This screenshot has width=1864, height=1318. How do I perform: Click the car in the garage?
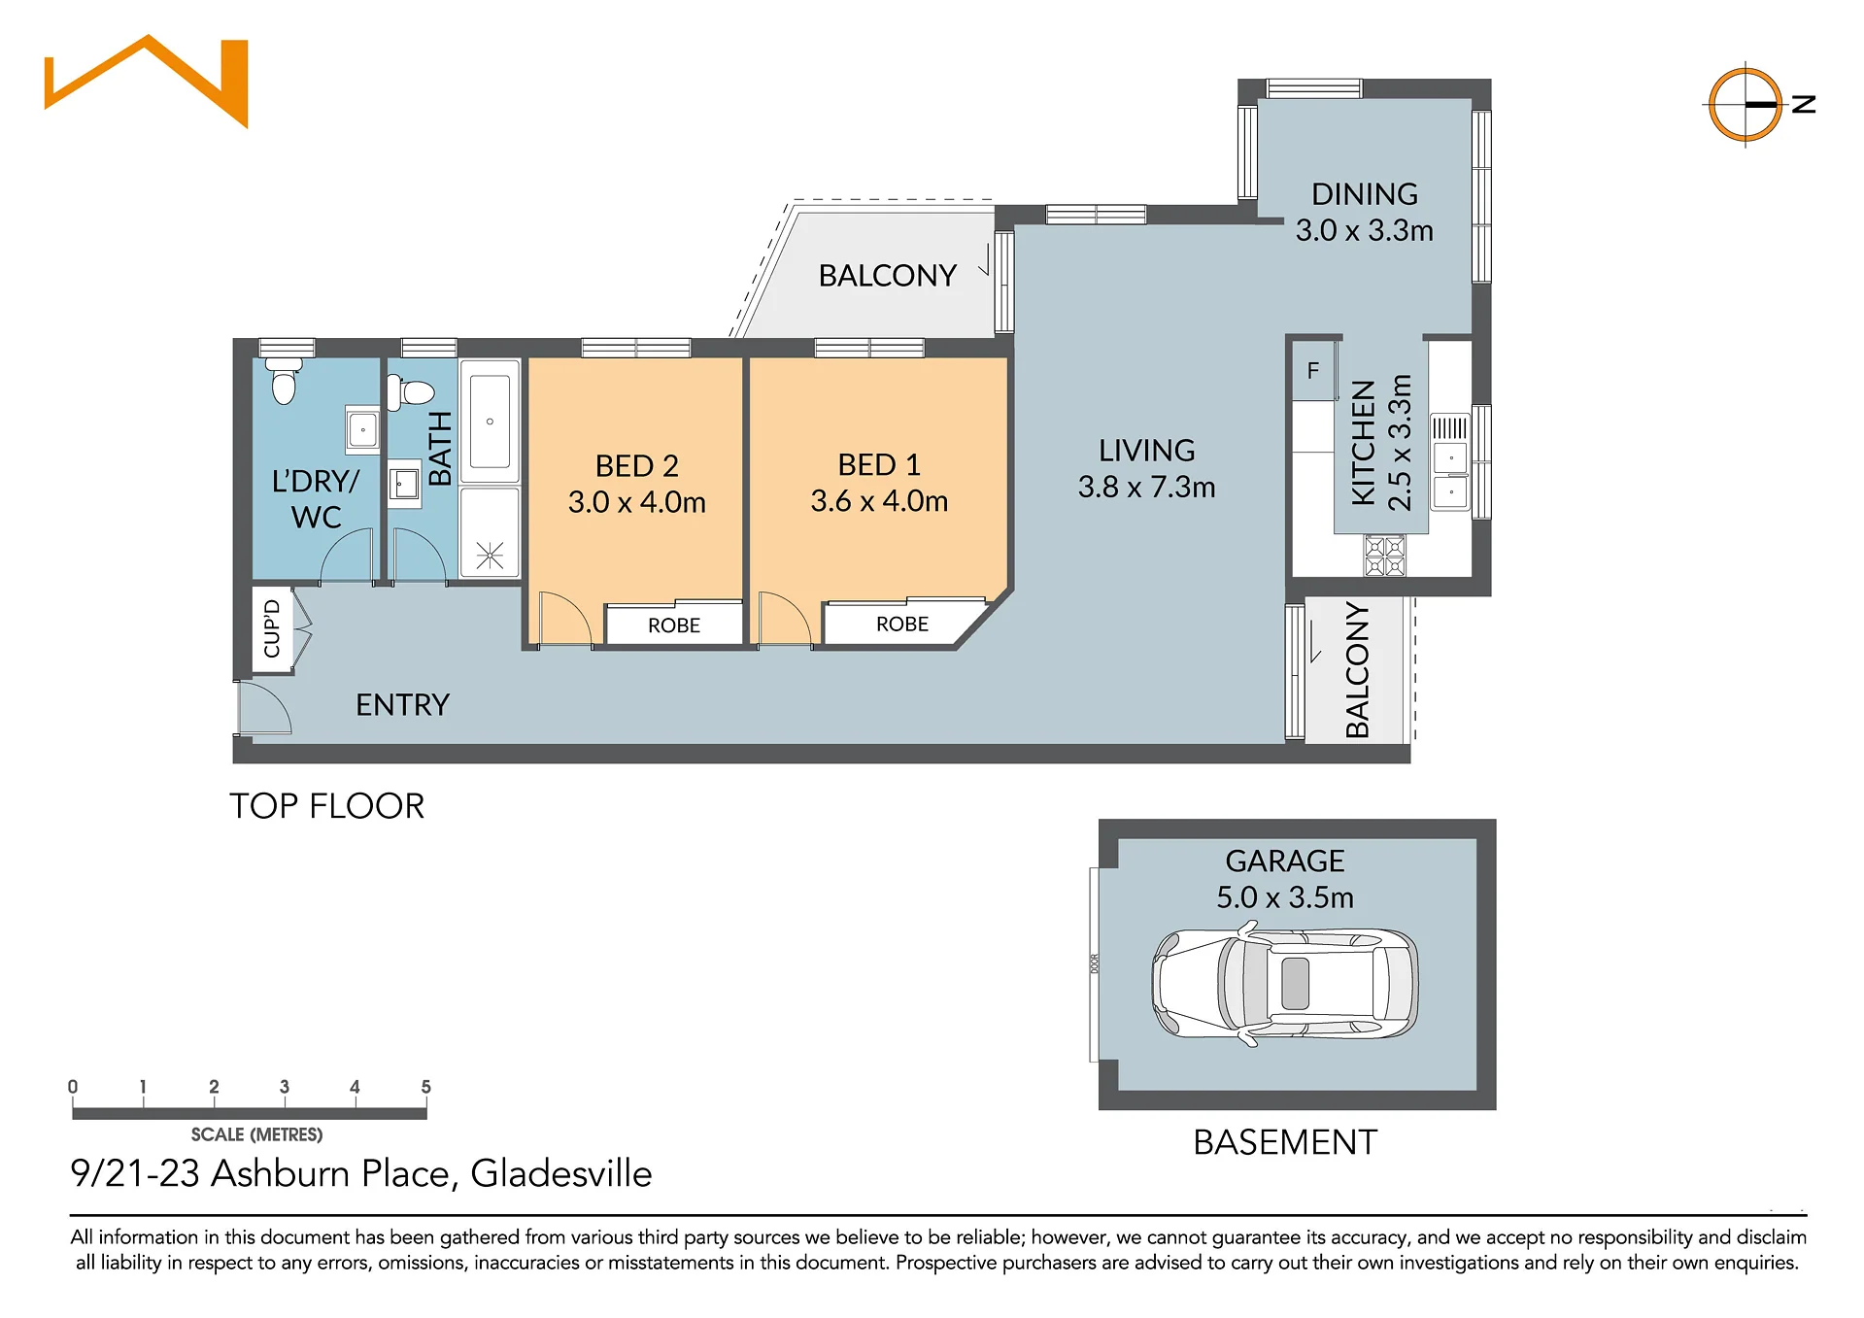point(1285,985)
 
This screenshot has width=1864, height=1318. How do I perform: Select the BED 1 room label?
point(879,465)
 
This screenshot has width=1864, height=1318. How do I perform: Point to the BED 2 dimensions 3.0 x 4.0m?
point(637,502)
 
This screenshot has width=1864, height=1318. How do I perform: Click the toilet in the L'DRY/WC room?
point(284,380)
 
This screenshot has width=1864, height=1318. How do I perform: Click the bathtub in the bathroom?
point(490,422)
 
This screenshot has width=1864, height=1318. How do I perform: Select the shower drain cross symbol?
point(490,556)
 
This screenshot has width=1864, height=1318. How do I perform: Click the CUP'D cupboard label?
point(272,628)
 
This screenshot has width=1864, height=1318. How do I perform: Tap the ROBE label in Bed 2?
point(674,625)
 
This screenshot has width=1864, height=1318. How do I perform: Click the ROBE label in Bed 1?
point(902,625)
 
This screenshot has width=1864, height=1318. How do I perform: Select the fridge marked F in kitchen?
point(1313,370)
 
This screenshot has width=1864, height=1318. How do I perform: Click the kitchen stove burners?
point(1385,556)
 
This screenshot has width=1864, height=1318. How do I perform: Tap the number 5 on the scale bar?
point(425,1087)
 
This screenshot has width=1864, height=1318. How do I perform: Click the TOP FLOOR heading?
point(327,806)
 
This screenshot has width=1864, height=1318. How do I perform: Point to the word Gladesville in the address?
point(561,1173)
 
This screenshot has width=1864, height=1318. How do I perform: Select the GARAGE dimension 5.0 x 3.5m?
point(1285,897)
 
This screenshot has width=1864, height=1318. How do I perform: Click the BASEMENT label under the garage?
point(1285,1142)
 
